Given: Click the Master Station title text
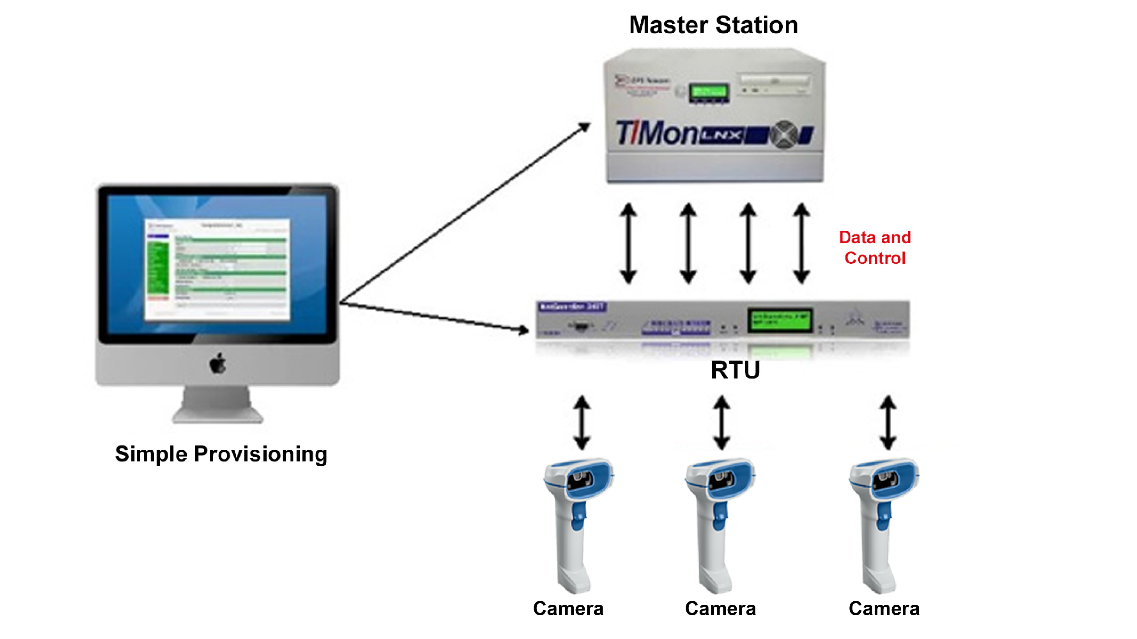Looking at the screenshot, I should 713,25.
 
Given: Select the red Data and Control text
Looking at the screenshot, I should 874,248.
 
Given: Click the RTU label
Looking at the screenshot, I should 735,370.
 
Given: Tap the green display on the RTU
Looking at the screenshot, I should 780,320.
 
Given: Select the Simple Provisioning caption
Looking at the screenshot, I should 221,454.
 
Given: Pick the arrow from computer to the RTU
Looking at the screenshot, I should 435,316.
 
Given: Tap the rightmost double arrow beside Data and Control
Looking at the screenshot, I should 801,243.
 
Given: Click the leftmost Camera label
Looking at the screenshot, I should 568,609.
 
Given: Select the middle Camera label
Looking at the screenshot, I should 720,609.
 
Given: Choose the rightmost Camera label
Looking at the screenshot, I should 884,609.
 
